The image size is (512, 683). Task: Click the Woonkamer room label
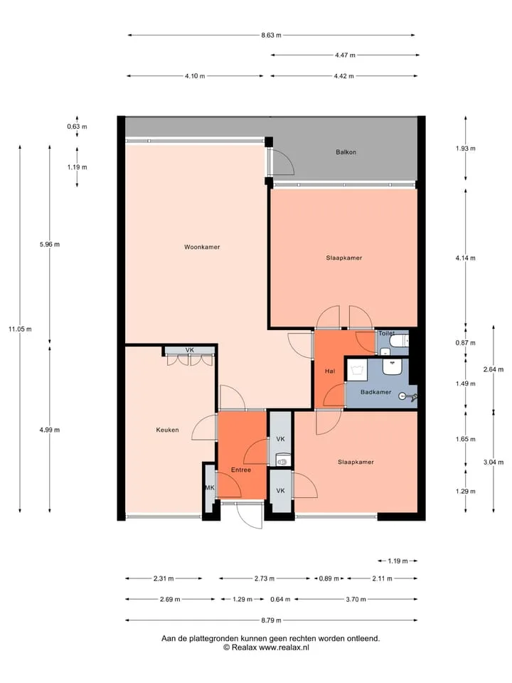[x=202, y=247]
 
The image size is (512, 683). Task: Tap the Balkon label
[x=346, y=152]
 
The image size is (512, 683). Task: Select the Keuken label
[x=168, y=430]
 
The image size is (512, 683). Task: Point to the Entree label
[x=241, y=470]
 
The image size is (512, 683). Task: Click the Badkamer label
[x=375, y=392]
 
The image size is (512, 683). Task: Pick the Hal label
[x=330, y=371]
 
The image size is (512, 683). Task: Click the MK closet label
[x=210, y=488]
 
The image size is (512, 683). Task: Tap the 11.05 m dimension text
[x=20, y=329]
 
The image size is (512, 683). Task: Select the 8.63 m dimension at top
[x=271, y=36]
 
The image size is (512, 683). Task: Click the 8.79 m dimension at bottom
[x=271, y=620]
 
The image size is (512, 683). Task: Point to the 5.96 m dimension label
[x=50, y=244]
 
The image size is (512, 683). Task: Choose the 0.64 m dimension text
[x=280, y=599]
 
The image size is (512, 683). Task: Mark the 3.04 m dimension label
[x=494, y=462]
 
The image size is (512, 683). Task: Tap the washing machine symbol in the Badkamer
[x=358, y=368]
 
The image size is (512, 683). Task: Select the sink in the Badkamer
[x=392, y=366]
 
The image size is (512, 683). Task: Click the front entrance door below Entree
[x=250, y=515]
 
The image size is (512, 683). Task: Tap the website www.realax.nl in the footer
[x=284, y=647]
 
